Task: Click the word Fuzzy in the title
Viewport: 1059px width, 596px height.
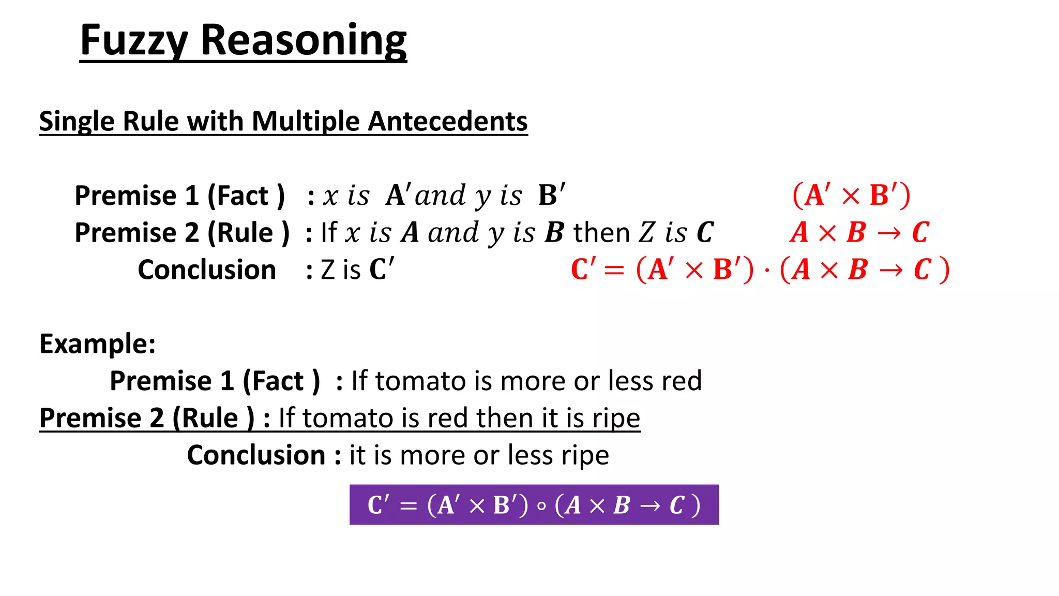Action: [133, 41]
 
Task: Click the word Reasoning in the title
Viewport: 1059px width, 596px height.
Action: [303, 41]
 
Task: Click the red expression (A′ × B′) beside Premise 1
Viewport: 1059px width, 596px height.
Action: [851, 196]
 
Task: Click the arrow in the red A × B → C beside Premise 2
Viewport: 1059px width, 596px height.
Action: [889, 233]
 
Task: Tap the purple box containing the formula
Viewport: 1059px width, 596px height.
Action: [534, 504]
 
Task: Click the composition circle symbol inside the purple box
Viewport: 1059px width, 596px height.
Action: [541, 506]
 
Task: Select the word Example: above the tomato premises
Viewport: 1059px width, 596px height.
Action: [97, 344]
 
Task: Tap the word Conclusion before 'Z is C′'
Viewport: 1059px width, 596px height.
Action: [206, 270]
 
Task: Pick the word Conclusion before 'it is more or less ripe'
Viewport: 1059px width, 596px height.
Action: [256, 455]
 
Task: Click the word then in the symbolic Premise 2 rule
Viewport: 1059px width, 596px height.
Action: [601, 233]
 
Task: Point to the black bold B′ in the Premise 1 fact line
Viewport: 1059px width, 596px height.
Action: [551, 196]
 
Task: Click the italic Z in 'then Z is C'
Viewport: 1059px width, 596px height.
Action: [646, 233]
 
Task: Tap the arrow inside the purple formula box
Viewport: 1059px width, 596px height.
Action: [649, 506]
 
